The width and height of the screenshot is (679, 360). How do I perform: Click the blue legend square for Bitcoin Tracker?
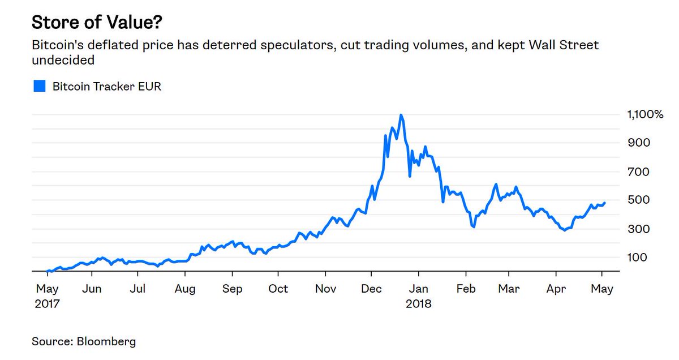coord(39,87)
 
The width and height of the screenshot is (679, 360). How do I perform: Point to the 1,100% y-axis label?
coord(644,114)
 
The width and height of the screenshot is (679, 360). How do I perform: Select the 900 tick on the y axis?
coord(639,143)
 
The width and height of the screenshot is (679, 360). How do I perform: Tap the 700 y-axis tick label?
coord(639,172)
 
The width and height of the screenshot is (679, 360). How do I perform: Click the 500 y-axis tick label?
coord(639,200)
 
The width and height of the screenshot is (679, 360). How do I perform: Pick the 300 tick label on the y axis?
coord(639,229)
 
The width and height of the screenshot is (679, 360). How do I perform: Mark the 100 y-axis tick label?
coord(639,257)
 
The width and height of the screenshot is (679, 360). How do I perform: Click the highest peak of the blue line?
coord(401,115)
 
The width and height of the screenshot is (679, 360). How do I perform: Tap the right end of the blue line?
coord(604,203)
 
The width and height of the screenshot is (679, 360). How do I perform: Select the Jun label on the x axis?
coord(92,289)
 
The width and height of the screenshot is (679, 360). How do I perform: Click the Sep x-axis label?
coord(232,289)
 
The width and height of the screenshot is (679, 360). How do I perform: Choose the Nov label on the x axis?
coord(325,289)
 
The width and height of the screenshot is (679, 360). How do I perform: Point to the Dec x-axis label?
coord(371,289)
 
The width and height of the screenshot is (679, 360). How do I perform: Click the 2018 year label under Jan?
coord(419,303)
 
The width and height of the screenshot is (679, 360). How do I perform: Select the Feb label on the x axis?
coord(466,289)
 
